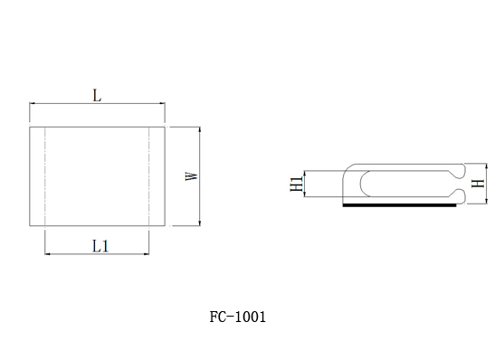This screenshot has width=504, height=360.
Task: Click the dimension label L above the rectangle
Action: (x=97, y=96)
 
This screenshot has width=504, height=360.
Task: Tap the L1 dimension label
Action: (x=100, y=246)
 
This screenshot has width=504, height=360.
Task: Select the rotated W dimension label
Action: (x=192, y=176)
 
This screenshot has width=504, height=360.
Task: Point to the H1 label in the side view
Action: (x=297, y=184)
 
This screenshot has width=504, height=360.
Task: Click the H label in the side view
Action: (x=478, y=184)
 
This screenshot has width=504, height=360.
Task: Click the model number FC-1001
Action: (x=238, y=317)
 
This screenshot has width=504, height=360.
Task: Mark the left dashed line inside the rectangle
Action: (x=45, y=176)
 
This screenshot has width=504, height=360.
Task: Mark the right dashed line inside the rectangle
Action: (x=149, y=176)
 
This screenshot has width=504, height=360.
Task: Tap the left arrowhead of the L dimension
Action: (x=32, y=103)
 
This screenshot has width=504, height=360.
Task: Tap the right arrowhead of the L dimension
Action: (x=163, y=103)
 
